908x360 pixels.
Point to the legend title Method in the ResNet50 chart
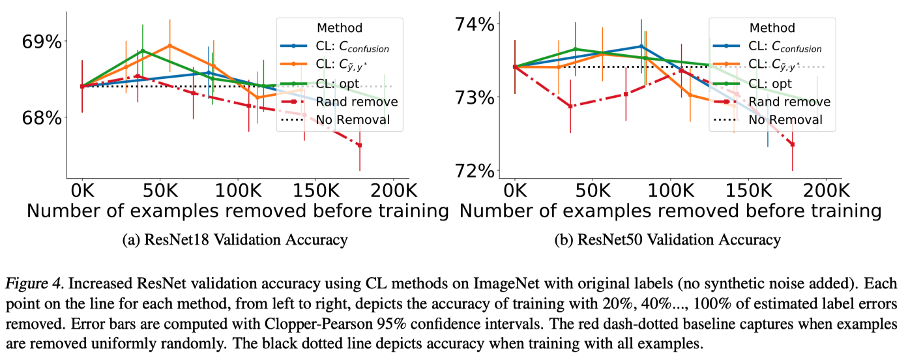772,28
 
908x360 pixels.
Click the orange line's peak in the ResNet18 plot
169,46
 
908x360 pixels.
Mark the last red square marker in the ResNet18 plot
359,145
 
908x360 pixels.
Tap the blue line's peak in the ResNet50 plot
641,47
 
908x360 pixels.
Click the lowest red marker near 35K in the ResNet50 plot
570,106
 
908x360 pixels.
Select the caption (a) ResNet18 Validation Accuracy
235,240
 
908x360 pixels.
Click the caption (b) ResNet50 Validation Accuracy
667,240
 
